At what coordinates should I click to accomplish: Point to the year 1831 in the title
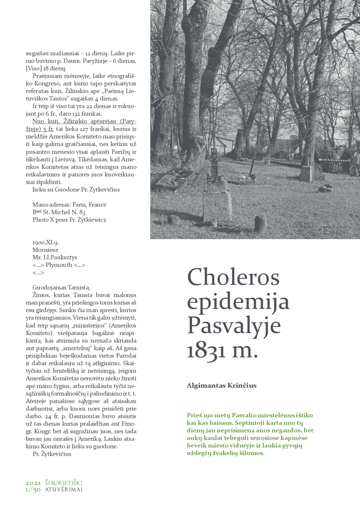tap(205, 350)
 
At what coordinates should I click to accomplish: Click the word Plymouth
tap(59, 265)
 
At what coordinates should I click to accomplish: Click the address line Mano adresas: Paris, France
tap(69, 204)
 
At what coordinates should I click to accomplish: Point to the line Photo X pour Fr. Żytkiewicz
tap(69, 219)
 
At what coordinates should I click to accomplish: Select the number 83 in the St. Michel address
tap(82, 212)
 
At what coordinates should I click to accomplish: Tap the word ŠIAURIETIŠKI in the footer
tap(63, 483)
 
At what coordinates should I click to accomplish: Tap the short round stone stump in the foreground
tap(261, 222)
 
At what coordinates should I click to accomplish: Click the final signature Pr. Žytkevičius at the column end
tap(52, 454)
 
